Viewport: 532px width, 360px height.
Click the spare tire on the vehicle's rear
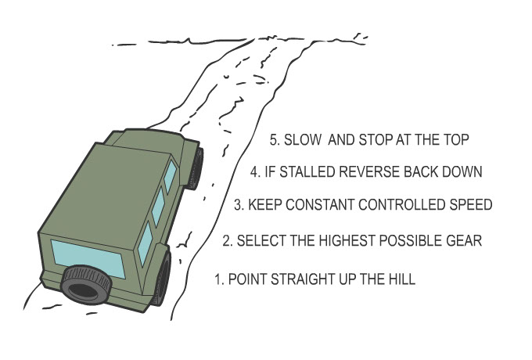(x=87, y=285)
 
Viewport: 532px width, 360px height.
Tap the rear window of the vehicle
(x=88, y=258)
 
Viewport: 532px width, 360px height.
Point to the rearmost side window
(x=146, y=243)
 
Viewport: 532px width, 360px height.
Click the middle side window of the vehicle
(x=158, y=207)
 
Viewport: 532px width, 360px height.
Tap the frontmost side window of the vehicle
(x=170, y=176)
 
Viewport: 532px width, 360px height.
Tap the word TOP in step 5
(x=455, y=140)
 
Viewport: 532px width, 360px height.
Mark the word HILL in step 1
(x=402, y=279)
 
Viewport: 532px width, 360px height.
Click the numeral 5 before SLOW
(x=274, y=140)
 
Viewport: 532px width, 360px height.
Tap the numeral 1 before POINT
(x=217, y=279)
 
